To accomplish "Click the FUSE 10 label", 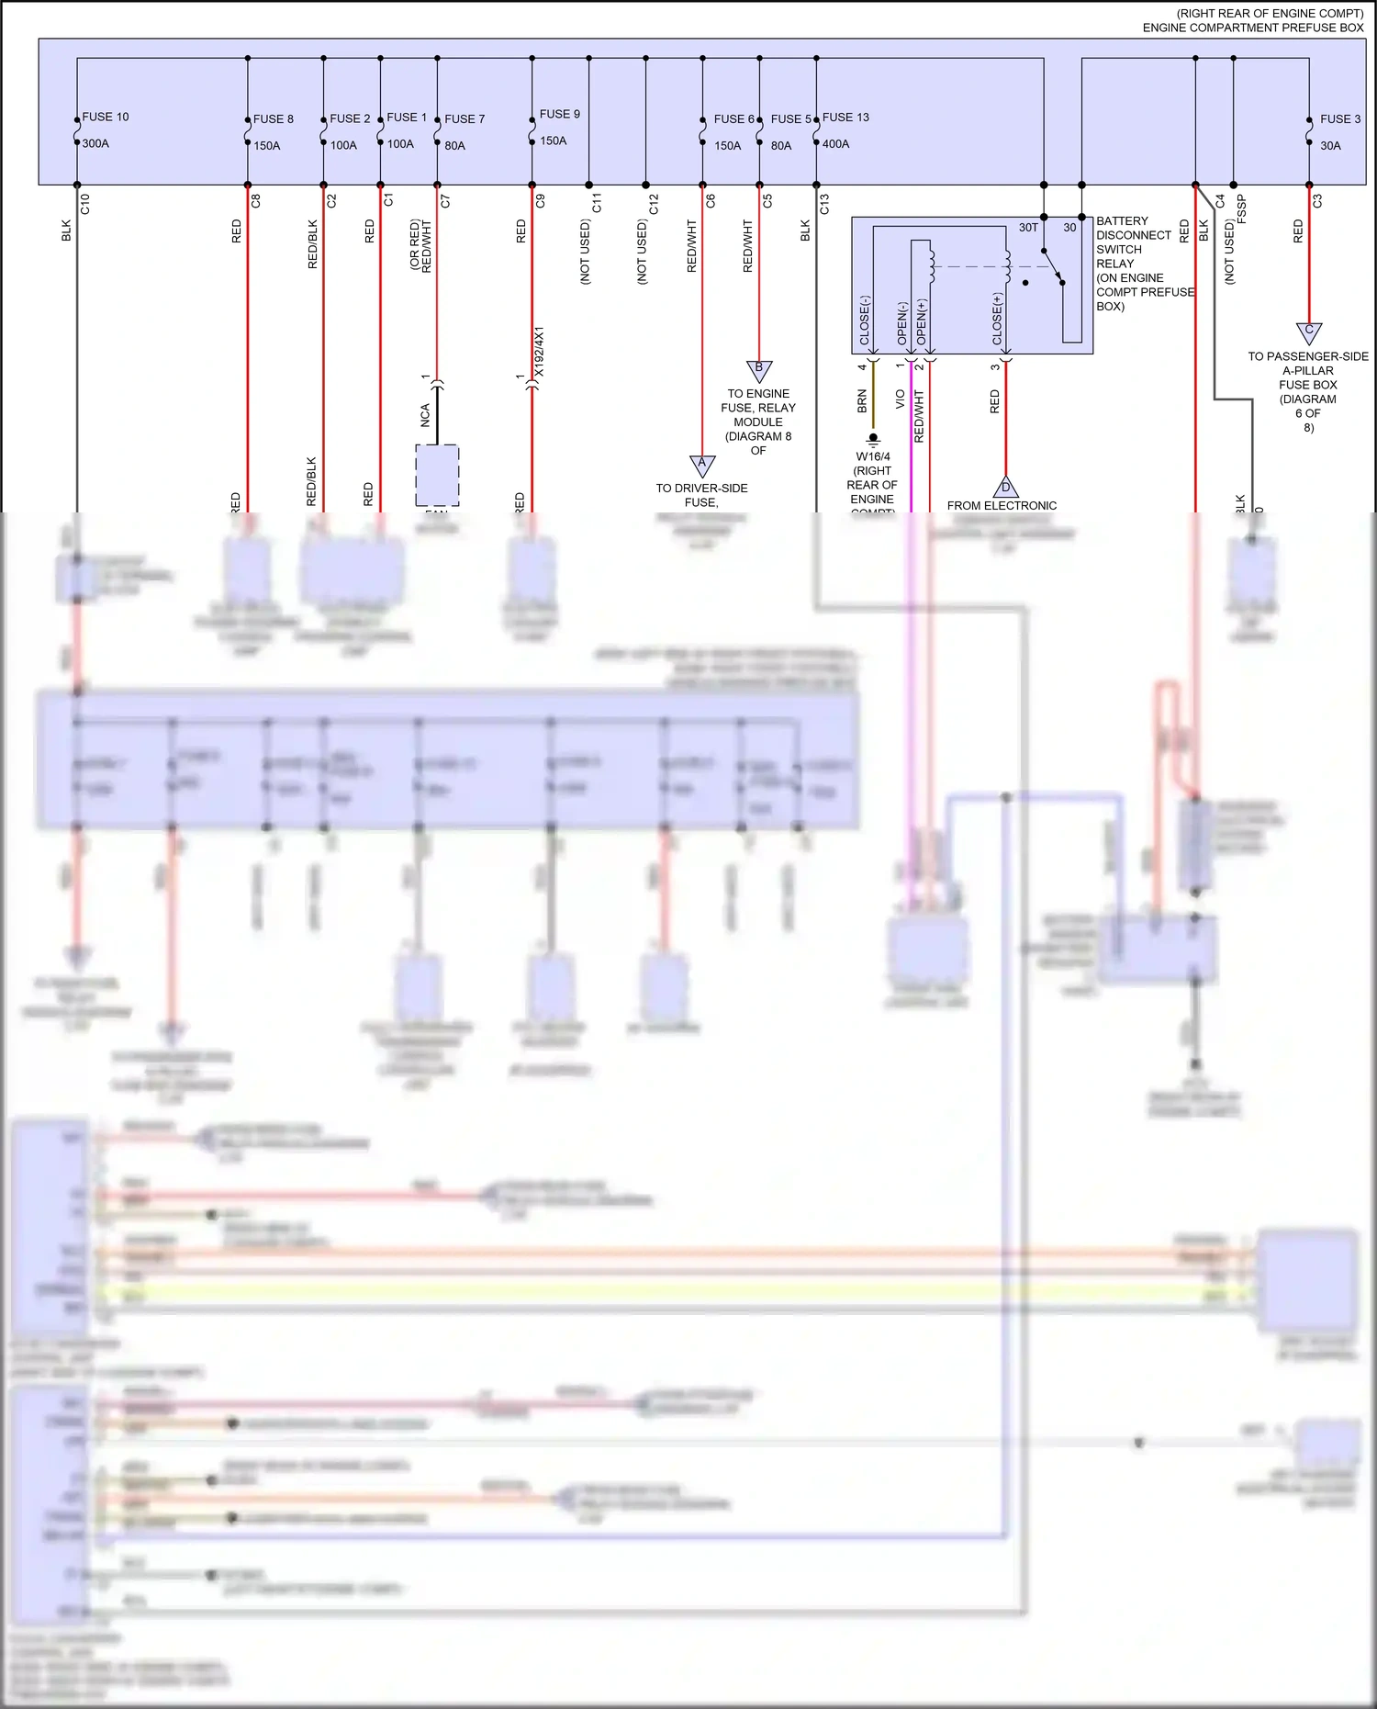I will click(106, 117).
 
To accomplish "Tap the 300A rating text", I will click(95, 143).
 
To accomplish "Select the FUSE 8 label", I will click(273, 118).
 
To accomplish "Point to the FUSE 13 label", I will click(845, 117).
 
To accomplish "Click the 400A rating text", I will click(835, 143).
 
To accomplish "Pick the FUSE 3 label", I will click(1340, 118).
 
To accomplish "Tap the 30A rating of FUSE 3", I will click(1330, 145).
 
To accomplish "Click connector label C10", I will click(84, 204).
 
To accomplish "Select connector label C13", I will click(824, 204).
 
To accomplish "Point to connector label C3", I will click(1317, 200).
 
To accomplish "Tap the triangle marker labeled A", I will click(702, 465).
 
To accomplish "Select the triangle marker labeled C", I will click(1309, 332).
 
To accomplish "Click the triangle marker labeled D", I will click(1005, 487).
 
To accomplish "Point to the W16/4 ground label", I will click(873, 456).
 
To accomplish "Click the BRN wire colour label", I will click(862, 401).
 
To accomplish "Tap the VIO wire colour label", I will click(901, 399).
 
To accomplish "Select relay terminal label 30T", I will click(1028, 227).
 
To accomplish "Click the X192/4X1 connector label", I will click(540, 351).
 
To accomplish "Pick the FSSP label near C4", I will click(1242, 208).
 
